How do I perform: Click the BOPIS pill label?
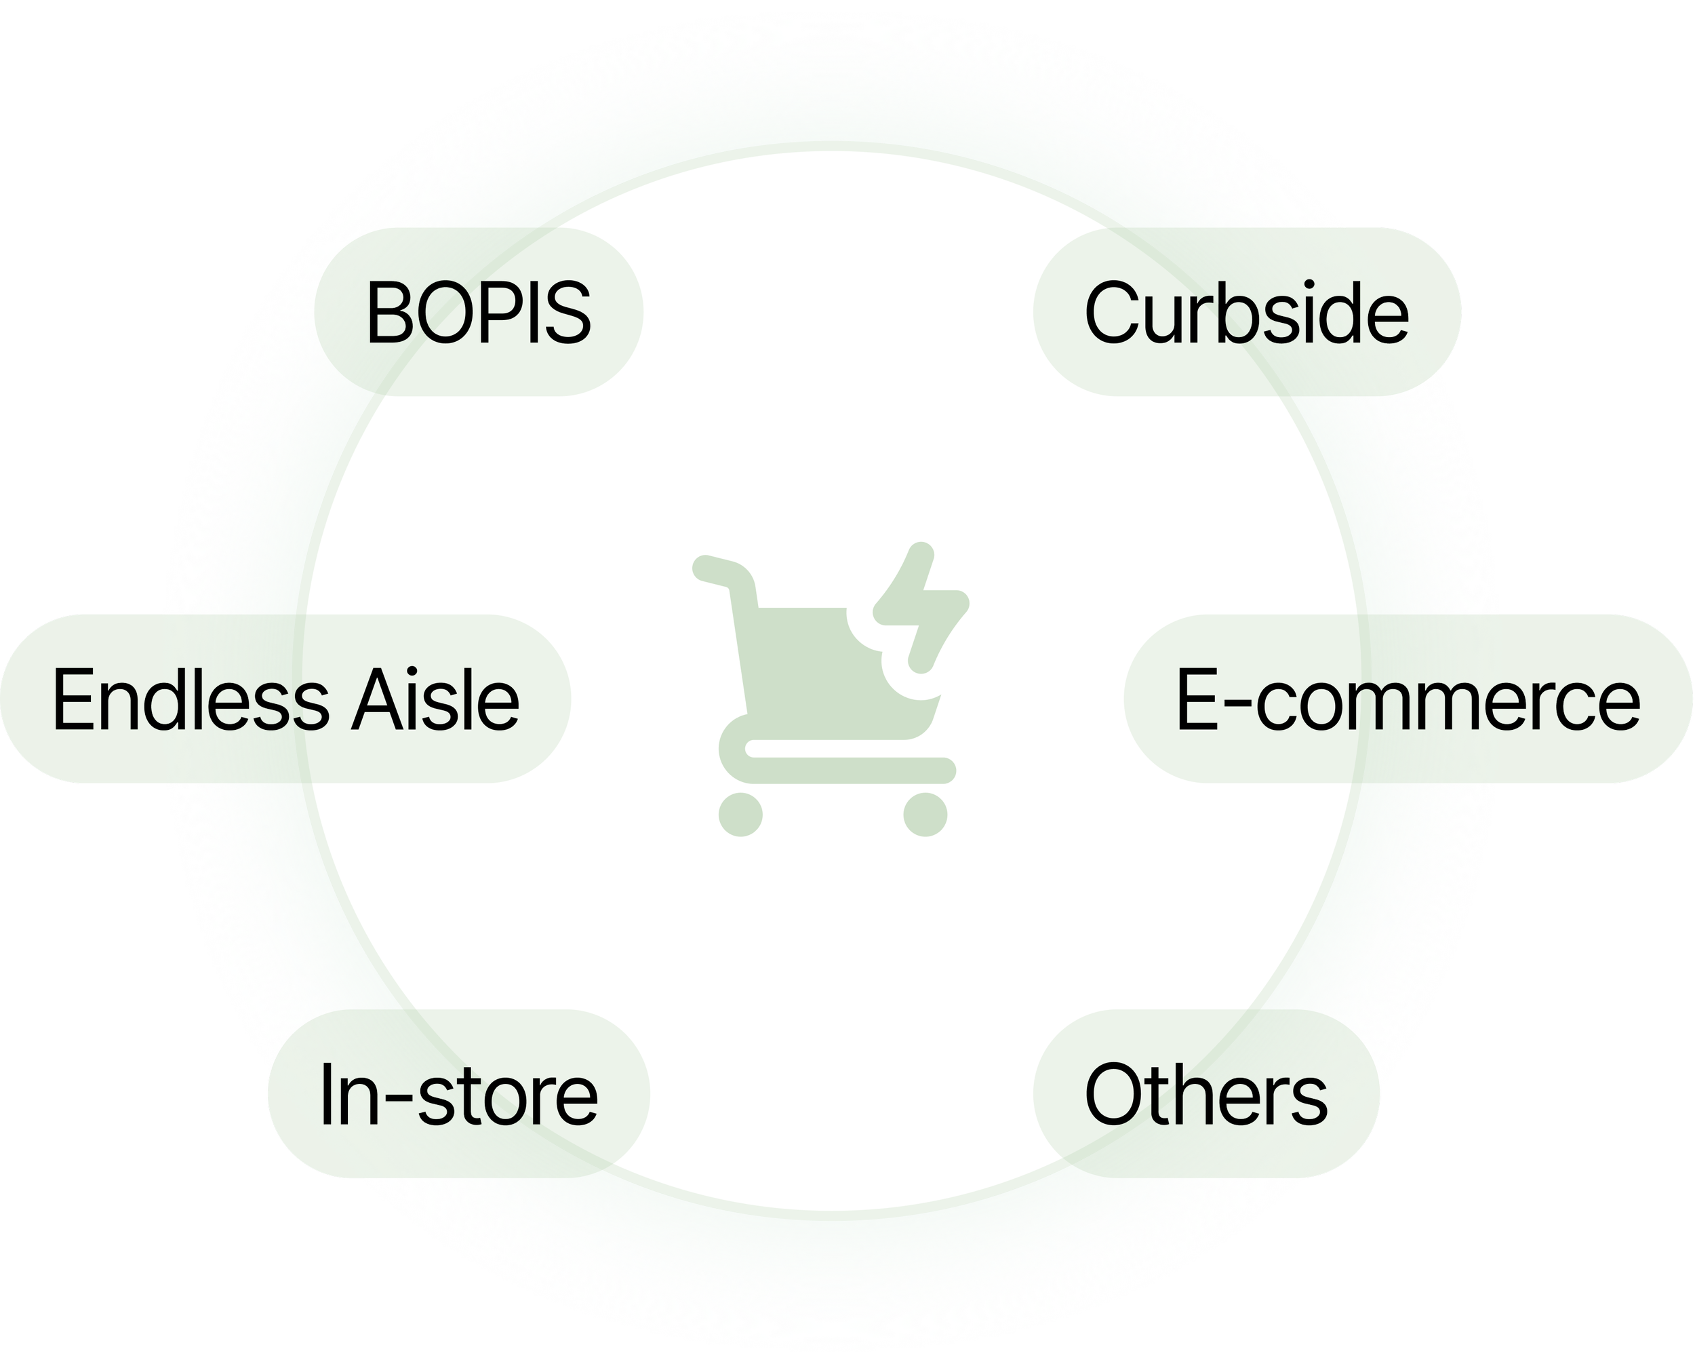point(478,312)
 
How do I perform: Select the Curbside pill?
point(1246,312)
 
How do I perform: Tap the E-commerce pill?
point(1408,699)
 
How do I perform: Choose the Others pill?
point(1205,1093)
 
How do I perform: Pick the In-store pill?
point(458,1093)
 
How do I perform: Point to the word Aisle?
point(435,699)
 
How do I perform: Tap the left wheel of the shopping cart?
point(740,814)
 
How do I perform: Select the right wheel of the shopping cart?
point(925,814)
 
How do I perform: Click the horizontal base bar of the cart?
point(849,769)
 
